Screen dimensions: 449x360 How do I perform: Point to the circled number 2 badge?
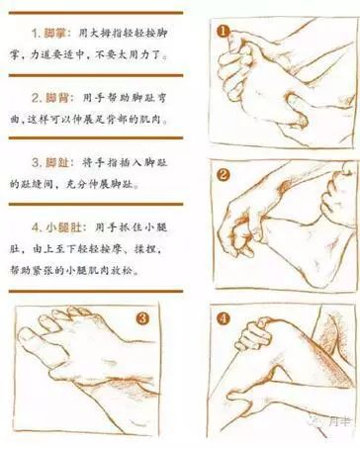click(x=224, y=176)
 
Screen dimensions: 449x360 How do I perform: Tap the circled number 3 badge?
click(x=142, y=318)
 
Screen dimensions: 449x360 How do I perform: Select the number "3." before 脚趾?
click(x=32, y=161)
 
